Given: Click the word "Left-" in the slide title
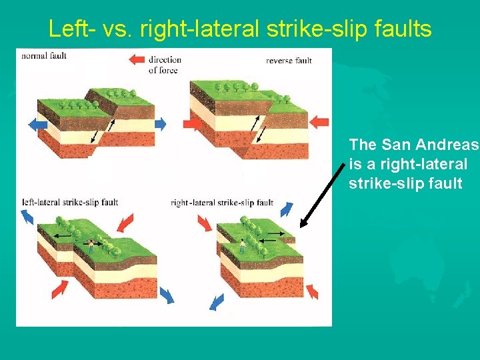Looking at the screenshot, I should [x=71, y=29].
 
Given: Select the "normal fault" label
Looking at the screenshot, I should [x=44, y=56].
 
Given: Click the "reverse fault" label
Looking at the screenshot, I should [x=289, y=61].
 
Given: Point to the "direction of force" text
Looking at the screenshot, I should [x=165, y=65].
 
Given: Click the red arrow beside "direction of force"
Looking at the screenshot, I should [x=136, y=60].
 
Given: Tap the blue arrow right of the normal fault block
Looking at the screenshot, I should [x=160, y=123].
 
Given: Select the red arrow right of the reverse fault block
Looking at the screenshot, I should [x=320, y=121].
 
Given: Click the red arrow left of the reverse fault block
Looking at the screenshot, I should [x=191, y=124].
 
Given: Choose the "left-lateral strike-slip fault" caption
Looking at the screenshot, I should [x=70, y=202].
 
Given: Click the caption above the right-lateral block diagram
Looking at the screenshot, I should [x=222, y=203].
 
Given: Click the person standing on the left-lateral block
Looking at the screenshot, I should [x=91, y=246].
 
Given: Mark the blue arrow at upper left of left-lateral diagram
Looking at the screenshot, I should [x=27, y=216].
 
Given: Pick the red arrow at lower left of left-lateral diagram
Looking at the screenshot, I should [x=60, y=288].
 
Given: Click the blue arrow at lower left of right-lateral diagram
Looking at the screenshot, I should [x=217, y=301].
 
